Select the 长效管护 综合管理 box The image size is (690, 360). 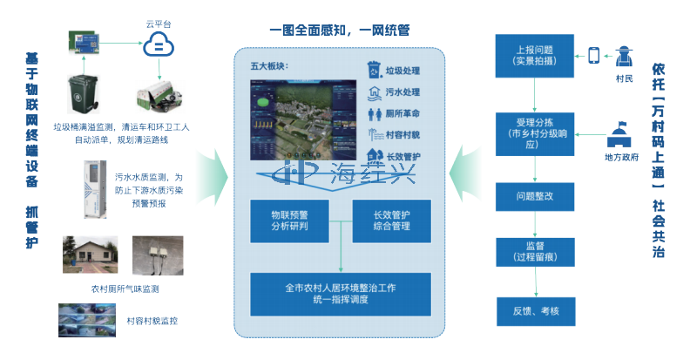click(391, 221)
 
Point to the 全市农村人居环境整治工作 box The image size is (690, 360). click(341, 293)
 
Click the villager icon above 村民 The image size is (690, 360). click(623, 59)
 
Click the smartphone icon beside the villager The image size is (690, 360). click(594, 57)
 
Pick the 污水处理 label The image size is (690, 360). click(399, 92)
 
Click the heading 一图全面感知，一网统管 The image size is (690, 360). click(340, 31)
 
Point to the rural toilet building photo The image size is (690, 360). click(91, 254)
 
